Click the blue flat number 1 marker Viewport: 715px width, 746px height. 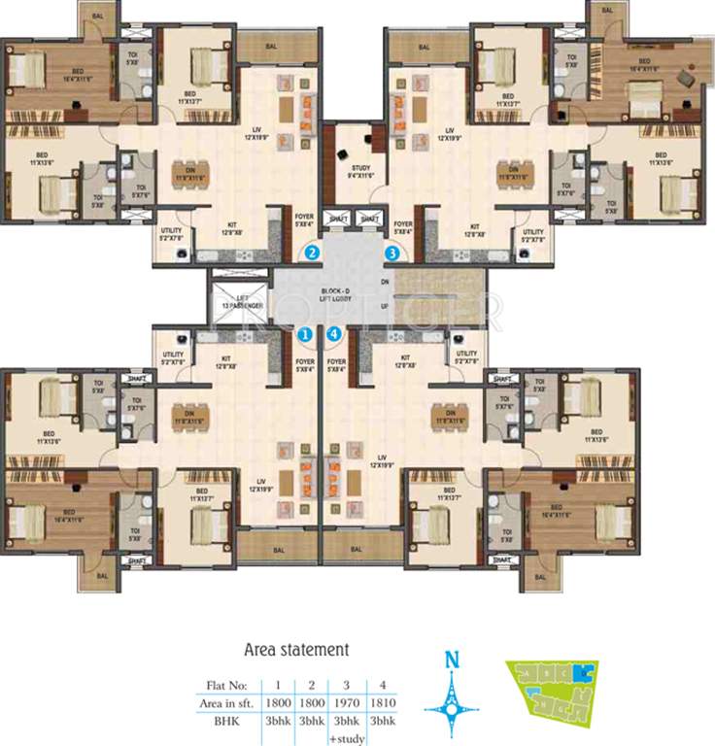304,335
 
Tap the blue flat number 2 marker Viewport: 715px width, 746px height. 312,254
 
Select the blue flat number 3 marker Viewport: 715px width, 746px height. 392,254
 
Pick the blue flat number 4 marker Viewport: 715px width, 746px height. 335,335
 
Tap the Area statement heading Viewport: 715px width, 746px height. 295,649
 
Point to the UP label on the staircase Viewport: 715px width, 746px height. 385,306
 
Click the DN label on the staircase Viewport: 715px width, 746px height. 385,281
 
